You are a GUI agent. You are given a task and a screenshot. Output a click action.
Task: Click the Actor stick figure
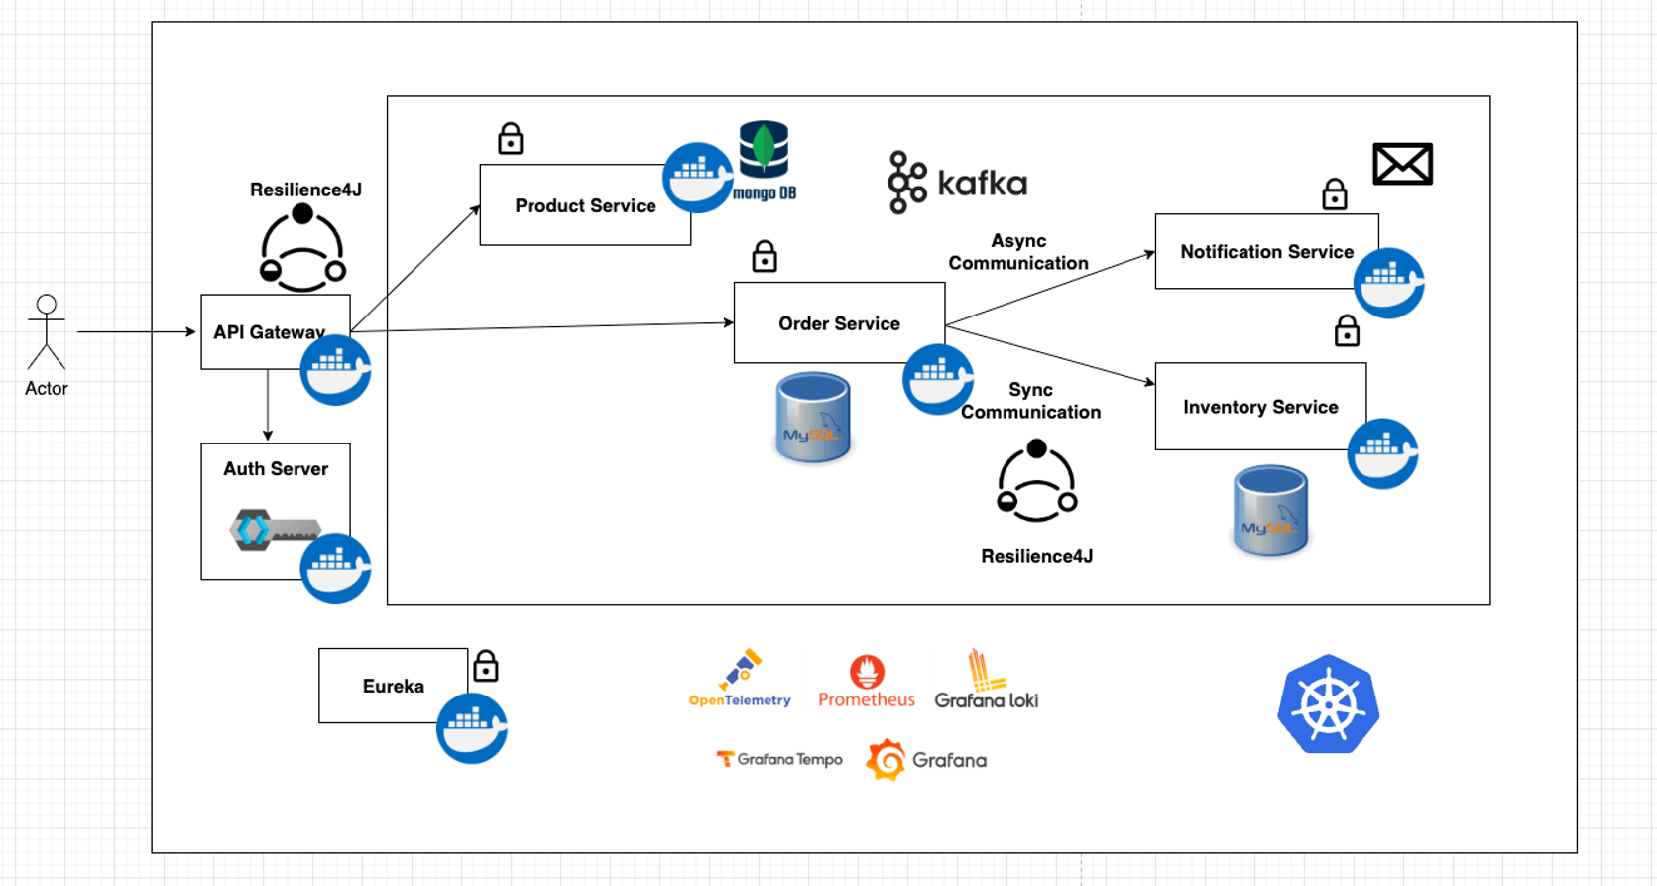tap(47, 331)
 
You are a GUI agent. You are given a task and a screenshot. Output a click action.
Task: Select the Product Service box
tap(585, 205)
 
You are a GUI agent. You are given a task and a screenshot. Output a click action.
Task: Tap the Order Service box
tap(839, 323)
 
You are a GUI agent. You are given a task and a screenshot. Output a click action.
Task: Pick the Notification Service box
tap(1266, 252)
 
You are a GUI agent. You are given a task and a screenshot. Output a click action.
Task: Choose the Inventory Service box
tap(1260, 407)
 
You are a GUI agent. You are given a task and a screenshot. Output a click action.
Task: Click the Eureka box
tap(393, 686)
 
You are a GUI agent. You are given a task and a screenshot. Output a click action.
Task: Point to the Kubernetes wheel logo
tap(1328, 704)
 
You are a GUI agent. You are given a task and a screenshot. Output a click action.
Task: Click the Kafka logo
tap(957, 183)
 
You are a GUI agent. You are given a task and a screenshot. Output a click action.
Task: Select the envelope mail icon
tap(1402, 164)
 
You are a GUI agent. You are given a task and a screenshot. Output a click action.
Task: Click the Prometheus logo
tap(867, 682)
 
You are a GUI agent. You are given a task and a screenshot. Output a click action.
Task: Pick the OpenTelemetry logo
tap(740, 680)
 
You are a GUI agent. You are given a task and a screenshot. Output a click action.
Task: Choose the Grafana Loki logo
tap(986, 680)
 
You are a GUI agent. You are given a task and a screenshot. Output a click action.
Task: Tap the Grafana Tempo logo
tap(779, 759)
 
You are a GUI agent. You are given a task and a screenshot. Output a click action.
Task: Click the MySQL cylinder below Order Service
tap(813, 418)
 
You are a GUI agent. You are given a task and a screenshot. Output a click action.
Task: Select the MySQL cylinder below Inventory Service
tap(1270, 510)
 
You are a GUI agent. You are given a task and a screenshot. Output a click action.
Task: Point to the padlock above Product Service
tap(511, 138)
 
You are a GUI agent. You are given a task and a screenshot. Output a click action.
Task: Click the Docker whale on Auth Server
tap(335, 569)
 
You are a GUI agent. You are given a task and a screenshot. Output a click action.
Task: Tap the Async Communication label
tap(1018, 252)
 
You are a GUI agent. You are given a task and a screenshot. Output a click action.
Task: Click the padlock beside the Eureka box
tap(486, 666)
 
